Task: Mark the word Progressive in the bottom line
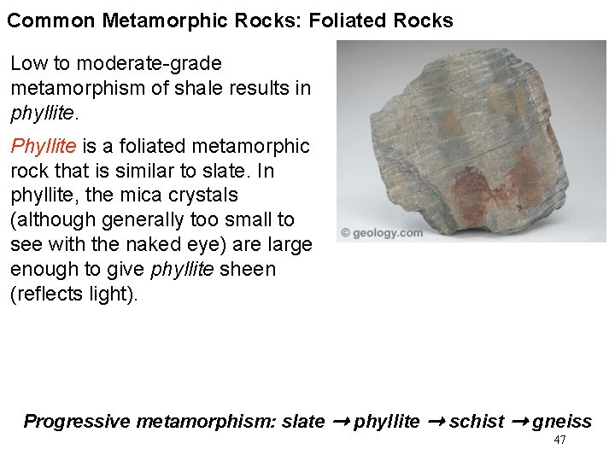coord(76,422)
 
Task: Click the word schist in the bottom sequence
coord(477,422)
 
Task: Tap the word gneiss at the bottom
coord(562,422)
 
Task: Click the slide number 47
coord(560,441)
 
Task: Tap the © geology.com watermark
coord(382,232)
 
